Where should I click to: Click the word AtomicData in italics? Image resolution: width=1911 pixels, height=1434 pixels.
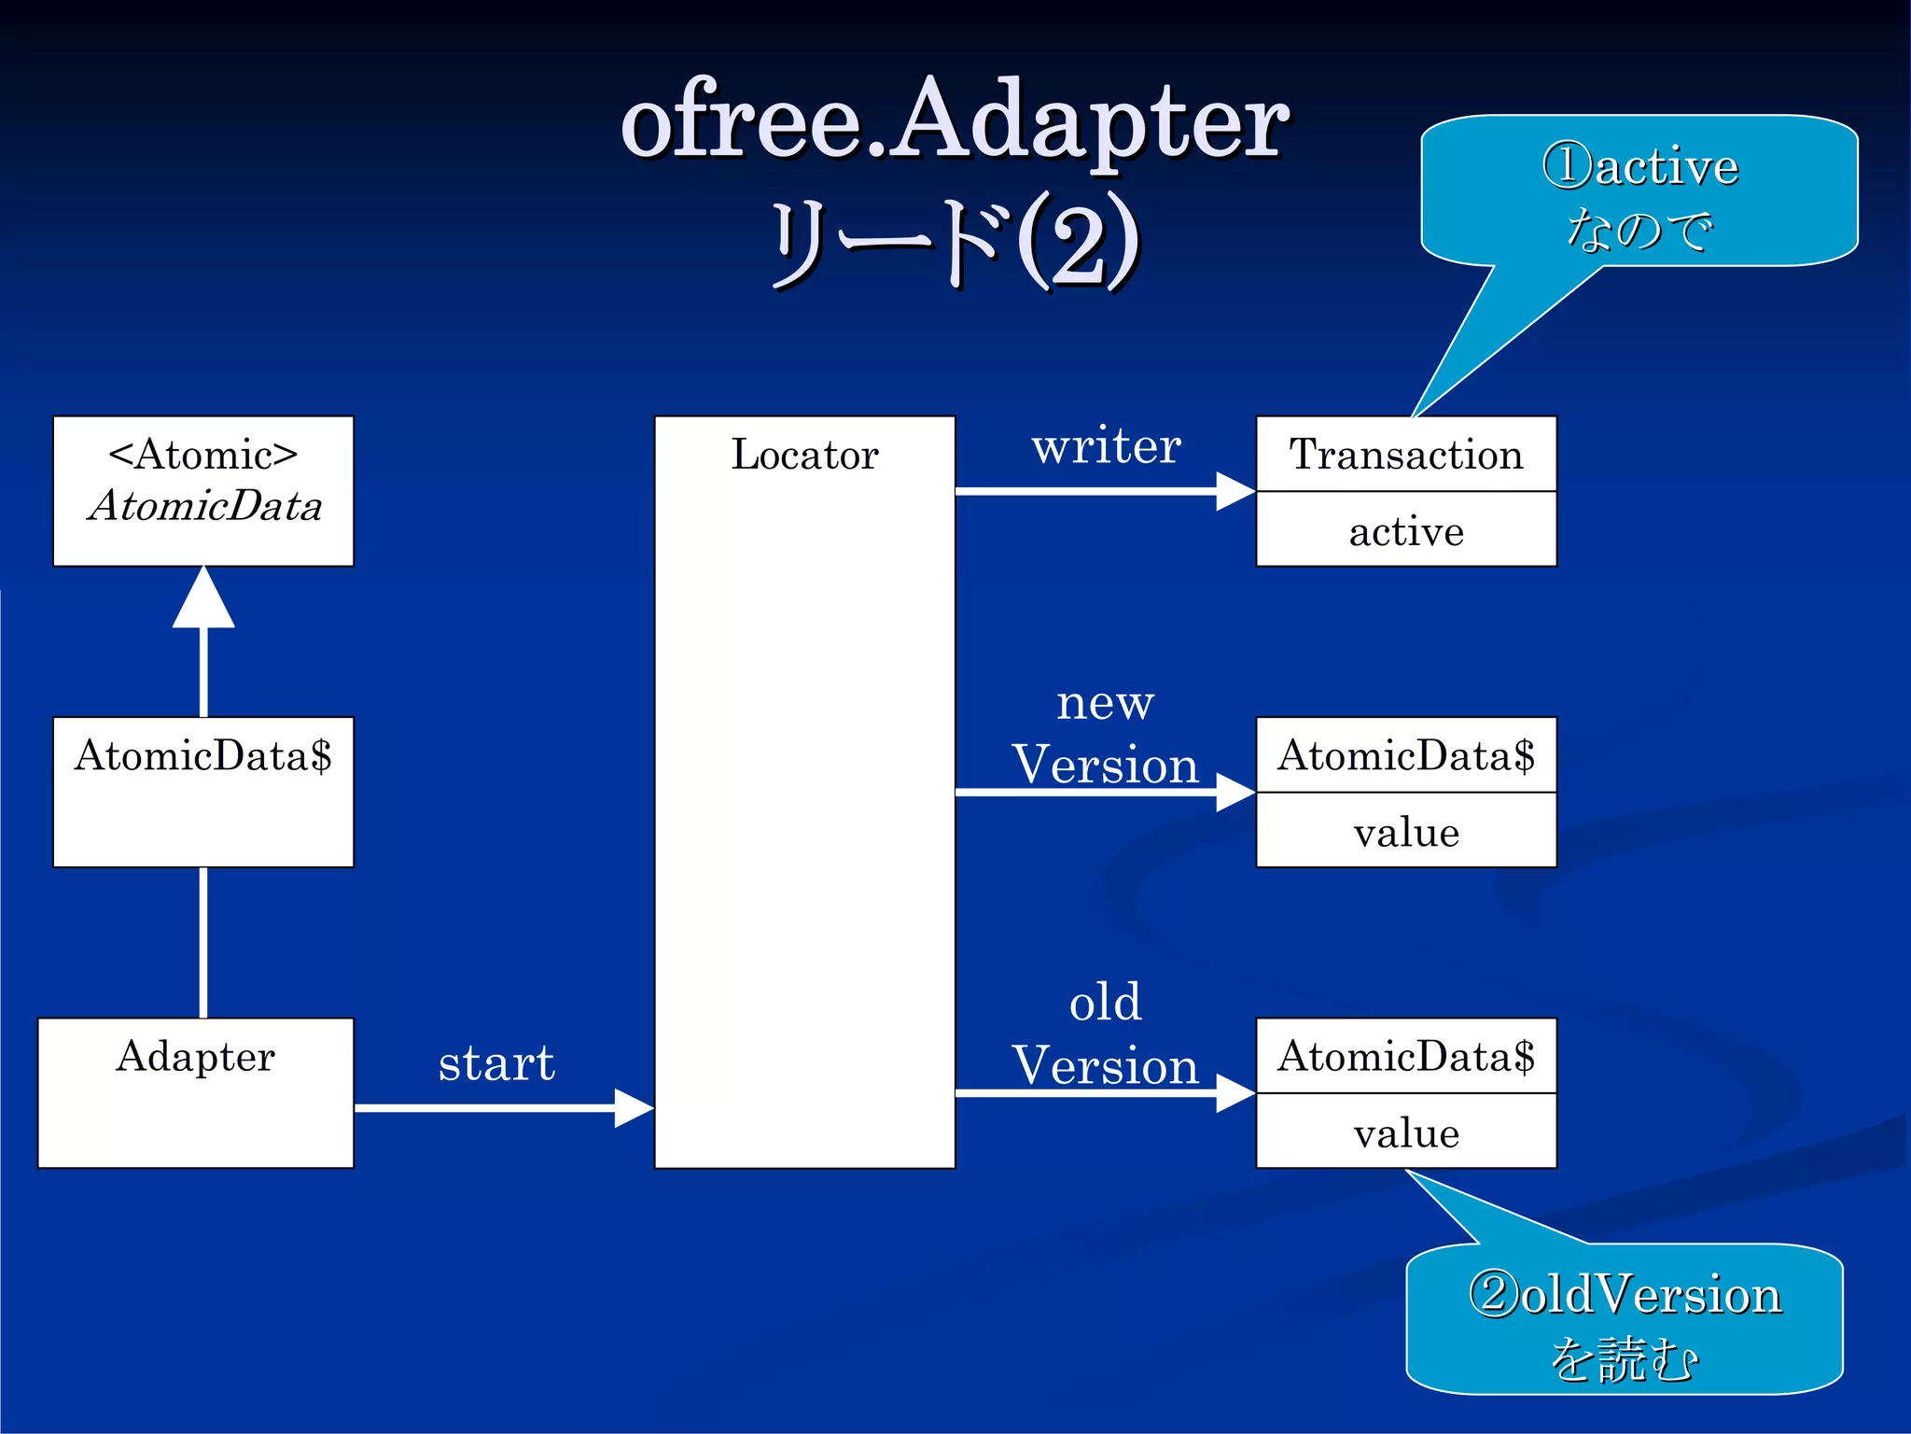pyautogui.click(x=204, y=506)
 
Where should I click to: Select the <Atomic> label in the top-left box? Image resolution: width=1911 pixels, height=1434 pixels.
pyautogui.click(x=202, y=455)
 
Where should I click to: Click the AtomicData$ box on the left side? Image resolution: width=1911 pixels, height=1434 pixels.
pyautogui.click(x=202, y=791)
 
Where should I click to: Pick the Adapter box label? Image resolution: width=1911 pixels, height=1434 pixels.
pyautogui.click(x=195, y=1057)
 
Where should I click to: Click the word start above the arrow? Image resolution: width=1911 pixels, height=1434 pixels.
pyautogui.click(x=496, y=1062)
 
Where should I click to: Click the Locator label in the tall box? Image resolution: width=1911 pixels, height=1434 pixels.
pyautogui.click(x=804, y=455)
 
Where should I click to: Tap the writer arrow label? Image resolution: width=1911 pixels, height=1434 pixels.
pyautogui.click(x=1106, y=446)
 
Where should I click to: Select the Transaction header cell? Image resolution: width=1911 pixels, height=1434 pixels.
pyautogui.click(x=1405, y=455)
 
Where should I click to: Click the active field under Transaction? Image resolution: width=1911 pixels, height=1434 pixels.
pyautogui.click(x=1405, y=531)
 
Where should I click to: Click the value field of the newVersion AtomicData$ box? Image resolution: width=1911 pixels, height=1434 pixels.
pyautogui.click(x=1405, y=832)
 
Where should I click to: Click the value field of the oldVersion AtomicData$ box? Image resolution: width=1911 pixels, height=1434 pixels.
pyautogui.click(x=1405, y=1132)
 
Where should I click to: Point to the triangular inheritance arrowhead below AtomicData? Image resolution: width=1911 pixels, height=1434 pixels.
pyautogui.click(x=203, y=600)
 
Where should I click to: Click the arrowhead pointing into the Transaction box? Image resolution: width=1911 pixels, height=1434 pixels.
pyautogui.click(x=1235, y=491)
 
